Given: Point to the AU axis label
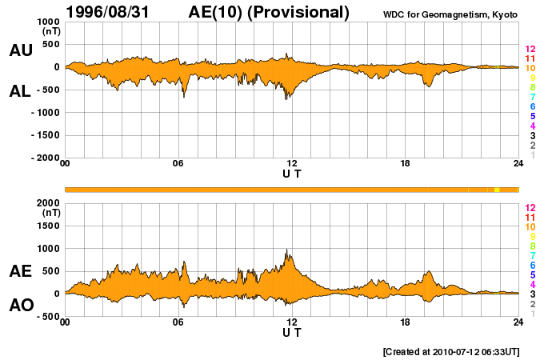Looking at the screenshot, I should (x=20, y=50).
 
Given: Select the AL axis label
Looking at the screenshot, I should (x=20, y=91).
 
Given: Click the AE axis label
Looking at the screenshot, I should (x=20, y=272).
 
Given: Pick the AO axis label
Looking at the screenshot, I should (x=20, y=306).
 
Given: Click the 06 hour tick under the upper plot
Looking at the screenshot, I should (x=178, y=165).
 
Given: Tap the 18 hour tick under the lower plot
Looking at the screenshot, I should (x=406, y=322).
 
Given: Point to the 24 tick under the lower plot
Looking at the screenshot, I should (x=518, y=322).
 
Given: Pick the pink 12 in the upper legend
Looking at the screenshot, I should (x=530, y=50).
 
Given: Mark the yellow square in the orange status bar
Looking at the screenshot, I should (x=497, y=190).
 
